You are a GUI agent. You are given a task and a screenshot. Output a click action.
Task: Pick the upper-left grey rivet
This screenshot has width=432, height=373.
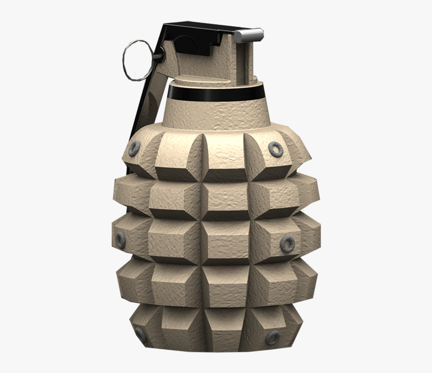134,148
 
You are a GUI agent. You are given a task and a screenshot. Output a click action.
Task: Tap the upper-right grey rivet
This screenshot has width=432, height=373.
275,149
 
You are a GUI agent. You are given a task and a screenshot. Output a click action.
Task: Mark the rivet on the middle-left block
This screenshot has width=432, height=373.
121,239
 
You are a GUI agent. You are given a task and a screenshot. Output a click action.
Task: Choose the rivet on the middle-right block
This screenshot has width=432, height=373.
287,243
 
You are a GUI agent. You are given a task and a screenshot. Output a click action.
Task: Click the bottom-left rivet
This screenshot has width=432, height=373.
140,335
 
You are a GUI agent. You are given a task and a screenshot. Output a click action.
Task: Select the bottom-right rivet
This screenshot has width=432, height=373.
272,337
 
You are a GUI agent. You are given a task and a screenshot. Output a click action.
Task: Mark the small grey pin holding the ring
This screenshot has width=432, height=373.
159,56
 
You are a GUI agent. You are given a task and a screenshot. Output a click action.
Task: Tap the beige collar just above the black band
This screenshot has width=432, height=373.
216,80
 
